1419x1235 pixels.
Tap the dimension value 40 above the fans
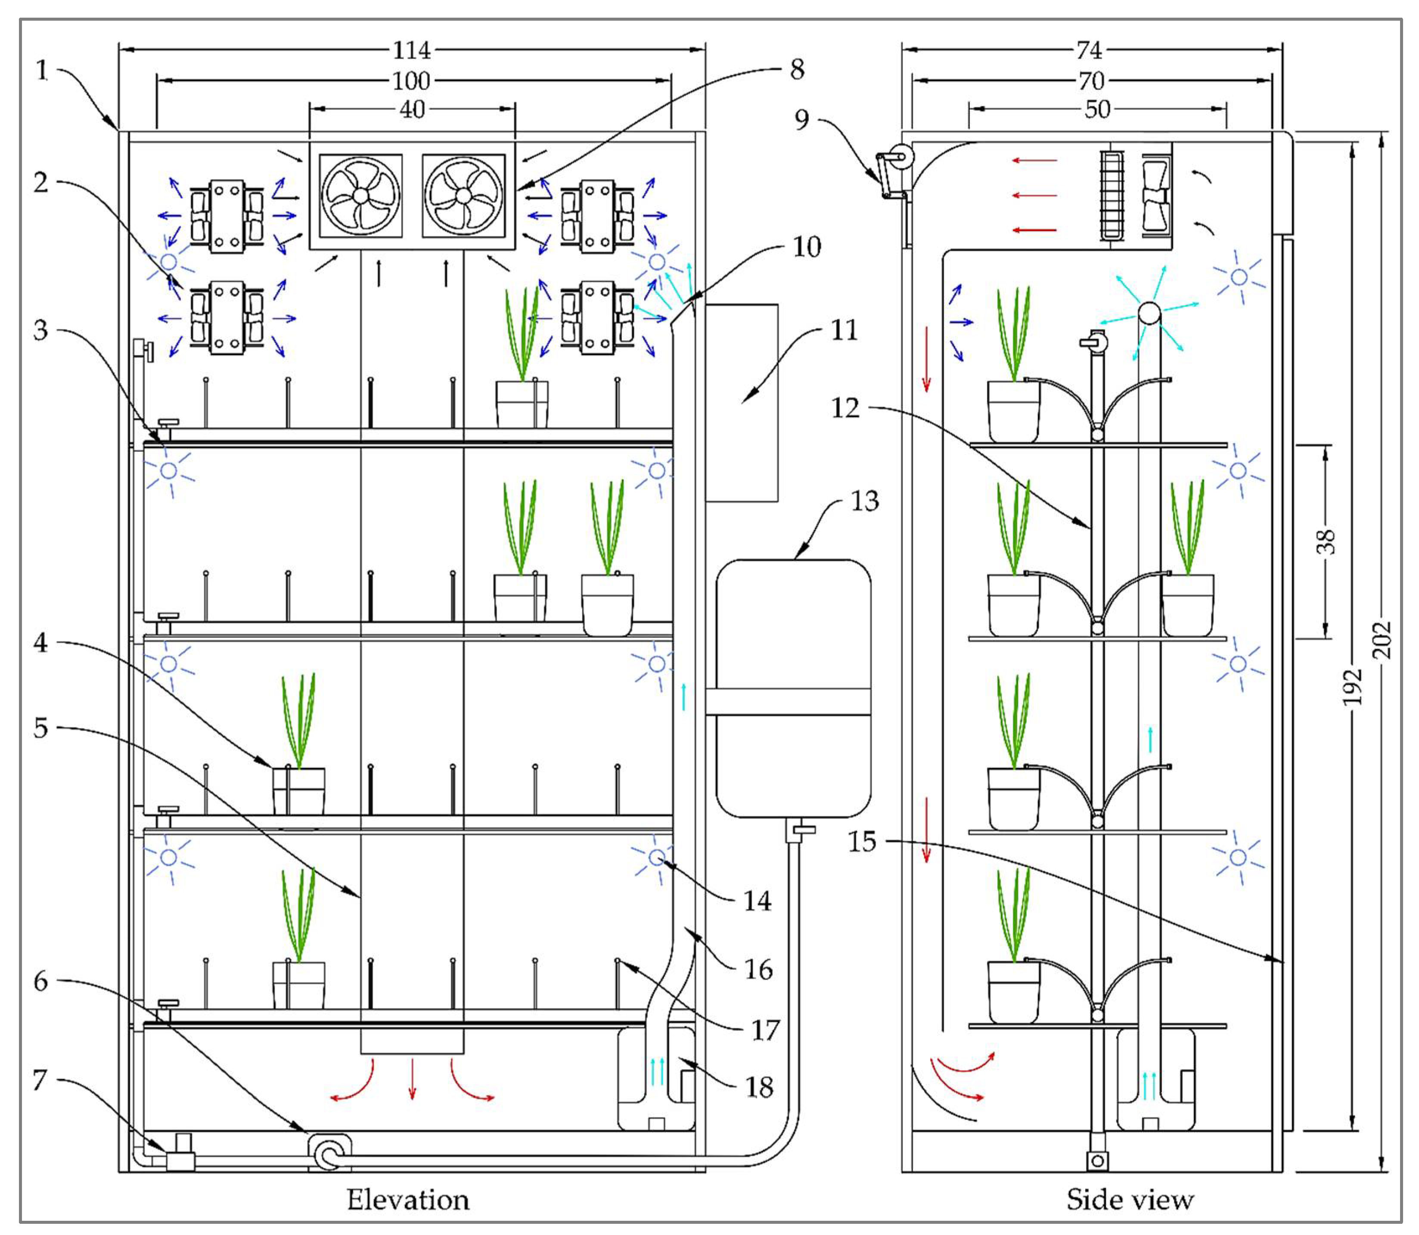pos(412,109)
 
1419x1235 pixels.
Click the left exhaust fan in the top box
pos(360,196)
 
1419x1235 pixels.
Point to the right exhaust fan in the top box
pos(463,196)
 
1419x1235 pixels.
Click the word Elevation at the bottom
pos(408,1200)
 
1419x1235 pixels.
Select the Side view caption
pos(1130,1200)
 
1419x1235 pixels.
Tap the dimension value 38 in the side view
pos(1326,541)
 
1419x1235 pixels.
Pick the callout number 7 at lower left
pos(40,1080)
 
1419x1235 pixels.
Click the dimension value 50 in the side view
pos(1097,109)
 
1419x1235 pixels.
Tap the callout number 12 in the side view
pos(845,408)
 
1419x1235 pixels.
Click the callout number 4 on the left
pos(40,642)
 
